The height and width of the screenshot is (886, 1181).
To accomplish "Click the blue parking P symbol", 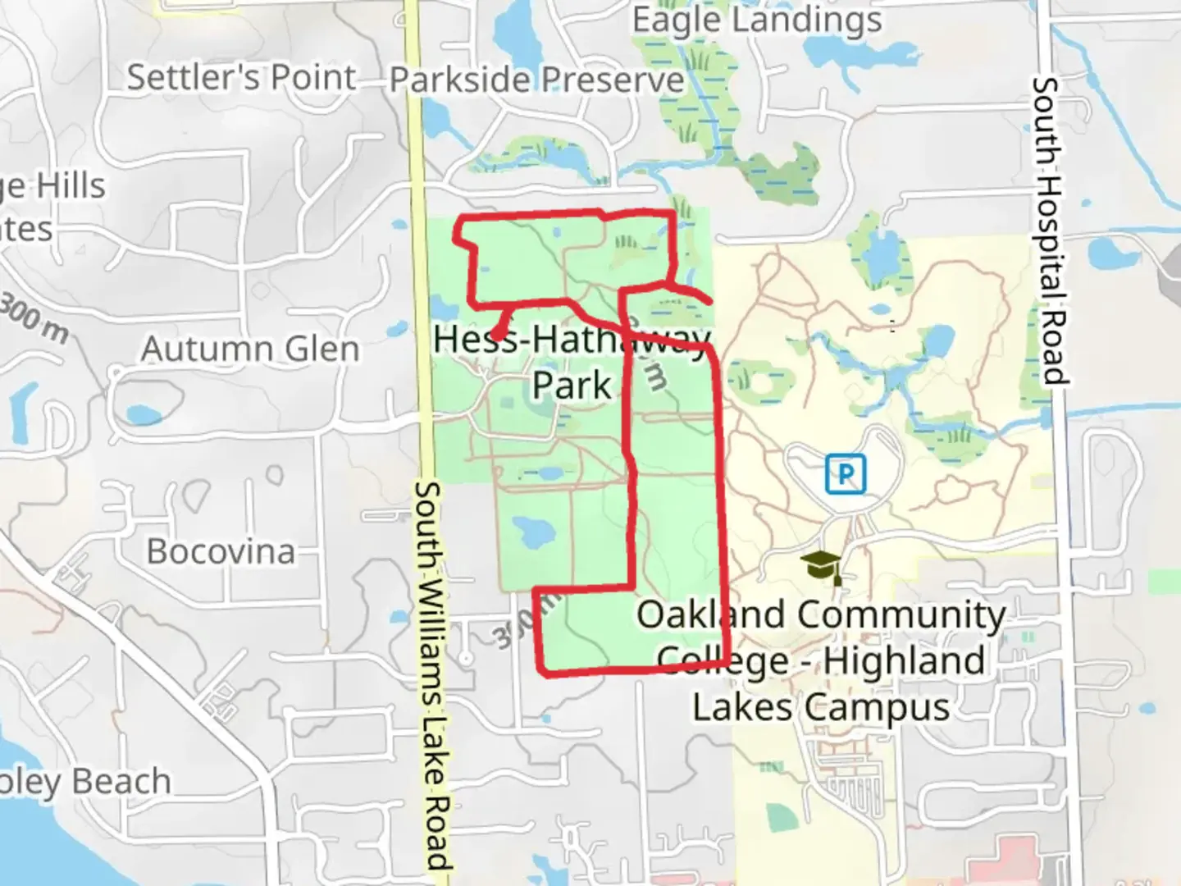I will (846, 474).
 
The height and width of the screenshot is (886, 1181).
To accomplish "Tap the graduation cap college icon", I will (821, 565).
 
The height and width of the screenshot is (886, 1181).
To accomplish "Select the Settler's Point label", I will (241, 78).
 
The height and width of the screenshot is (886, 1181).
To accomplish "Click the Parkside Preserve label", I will (536, 80).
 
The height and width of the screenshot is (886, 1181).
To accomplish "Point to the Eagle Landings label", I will (756, 20).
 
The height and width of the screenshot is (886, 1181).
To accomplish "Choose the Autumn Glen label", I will (250, 349).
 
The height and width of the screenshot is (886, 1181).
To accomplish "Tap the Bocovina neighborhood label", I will (221, 551).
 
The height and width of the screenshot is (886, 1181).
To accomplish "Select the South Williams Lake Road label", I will (433, 673).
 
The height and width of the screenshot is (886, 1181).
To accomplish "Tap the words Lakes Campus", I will (821, 707).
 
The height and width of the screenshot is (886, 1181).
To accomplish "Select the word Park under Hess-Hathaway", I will (572, 384).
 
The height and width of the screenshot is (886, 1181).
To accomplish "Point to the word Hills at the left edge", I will (70, 187).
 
